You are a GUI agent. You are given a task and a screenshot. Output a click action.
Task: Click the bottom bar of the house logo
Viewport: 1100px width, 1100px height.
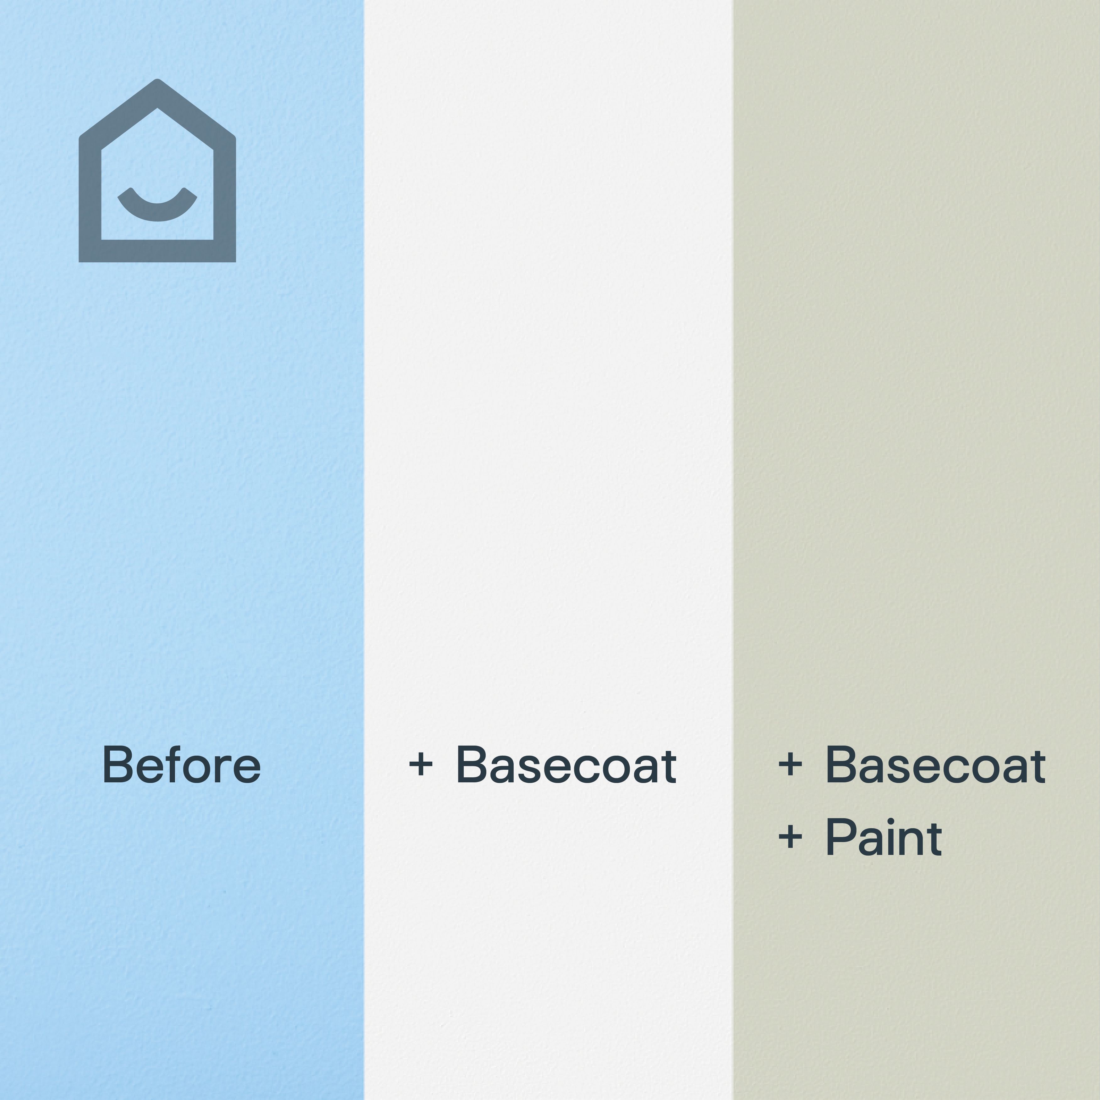pyautogui.click(x=157, y=251)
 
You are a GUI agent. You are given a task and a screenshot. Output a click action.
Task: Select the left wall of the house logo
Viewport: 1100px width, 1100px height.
pyautogui.click(x=90, y=194)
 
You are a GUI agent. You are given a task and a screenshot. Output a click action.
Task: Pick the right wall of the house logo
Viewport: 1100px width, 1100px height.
pyautogui.click(x=225, y=194)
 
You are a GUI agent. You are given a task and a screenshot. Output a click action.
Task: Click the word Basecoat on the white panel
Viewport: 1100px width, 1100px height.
pyautogui.click(x=566, y=765)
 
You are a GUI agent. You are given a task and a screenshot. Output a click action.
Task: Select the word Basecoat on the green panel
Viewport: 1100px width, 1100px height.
pyautogui.click(x=935, y=765)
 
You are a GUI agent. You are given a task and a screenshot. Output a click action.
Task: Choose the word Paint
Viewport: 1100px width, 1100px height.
pyautogui.click(x=884, y=838)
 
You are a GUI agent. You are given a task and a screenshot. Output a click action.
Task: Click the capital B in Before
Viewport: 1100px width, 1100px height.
pyautogui.click(x=117, y=765)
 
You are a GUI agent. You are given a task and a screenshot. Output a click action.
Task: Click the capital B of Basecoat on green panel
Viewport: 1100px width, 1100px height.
pyautogui.click(x=840, y=765)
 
